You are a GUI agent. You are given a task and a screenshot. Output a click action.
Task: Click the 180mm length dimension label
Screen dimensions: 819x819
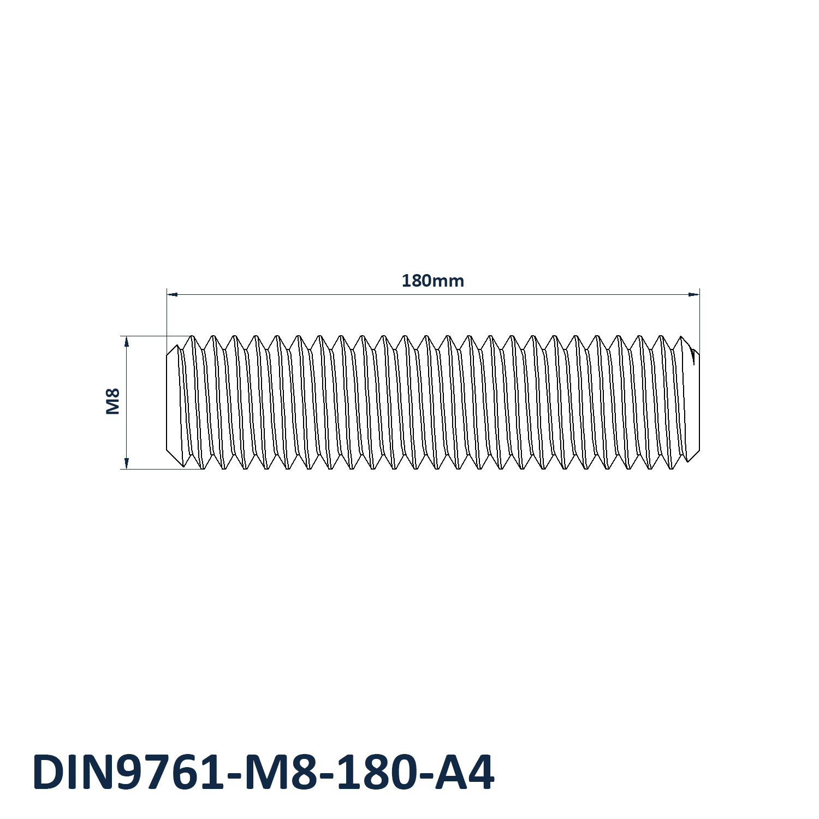coord(432,281)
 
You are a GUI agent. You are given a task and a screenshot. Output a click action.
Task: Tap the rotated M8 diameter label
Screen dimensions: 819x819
coord(112,401)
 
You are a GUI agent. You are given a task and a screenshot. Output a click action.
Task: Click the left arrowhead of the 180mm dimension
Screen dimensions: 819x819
coord(172,294)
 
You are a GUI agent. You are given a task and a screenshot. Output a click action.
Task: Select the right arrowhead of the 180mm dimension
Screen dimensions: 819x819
coord(693,294)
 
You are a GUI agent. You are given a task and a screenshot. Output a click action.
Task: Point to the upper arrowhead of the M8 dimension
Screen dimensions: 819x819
coord(126,342)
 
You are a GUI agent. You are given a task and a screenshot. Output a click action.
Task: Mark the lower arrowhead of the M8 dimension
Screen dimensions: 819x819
coord(126,463)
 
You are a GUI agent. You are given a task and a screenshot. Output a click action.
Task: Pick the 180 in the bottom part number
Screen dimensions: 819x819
coord(371,773)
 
